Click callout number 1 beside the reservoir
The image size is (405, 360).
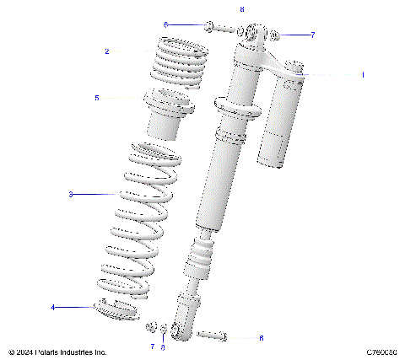pos(363,75)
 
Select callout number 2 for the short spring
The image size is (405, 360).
pos(107,51)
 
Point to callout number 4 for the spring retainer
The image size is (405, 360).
pos(52,308)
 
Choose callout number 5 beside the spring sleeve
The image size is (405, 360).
pos(97,98)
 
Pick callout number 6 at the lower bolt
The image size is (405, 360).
pos(261,338)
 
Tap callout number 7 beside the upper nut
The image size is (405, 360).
pos(312,35)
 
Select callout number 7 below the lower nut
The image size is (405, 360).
pos(152,347)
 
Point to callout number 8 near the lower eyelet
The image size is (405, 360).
pos(163,347)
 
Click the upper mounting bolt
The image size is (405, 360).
pos(216,26)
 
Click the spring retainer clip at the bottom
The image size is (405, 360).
pos(118,309)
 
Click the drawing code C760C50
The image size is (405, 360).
pos(382,352)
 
